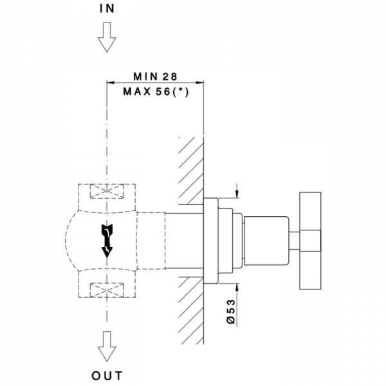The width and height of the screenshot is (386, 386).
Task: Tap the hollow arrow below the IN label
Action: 106,39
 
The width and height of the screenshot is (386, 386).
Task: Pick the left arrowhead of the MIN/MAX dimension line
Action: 110,82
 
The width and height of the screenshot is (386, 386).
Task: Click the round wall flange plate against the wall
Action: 210,239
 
